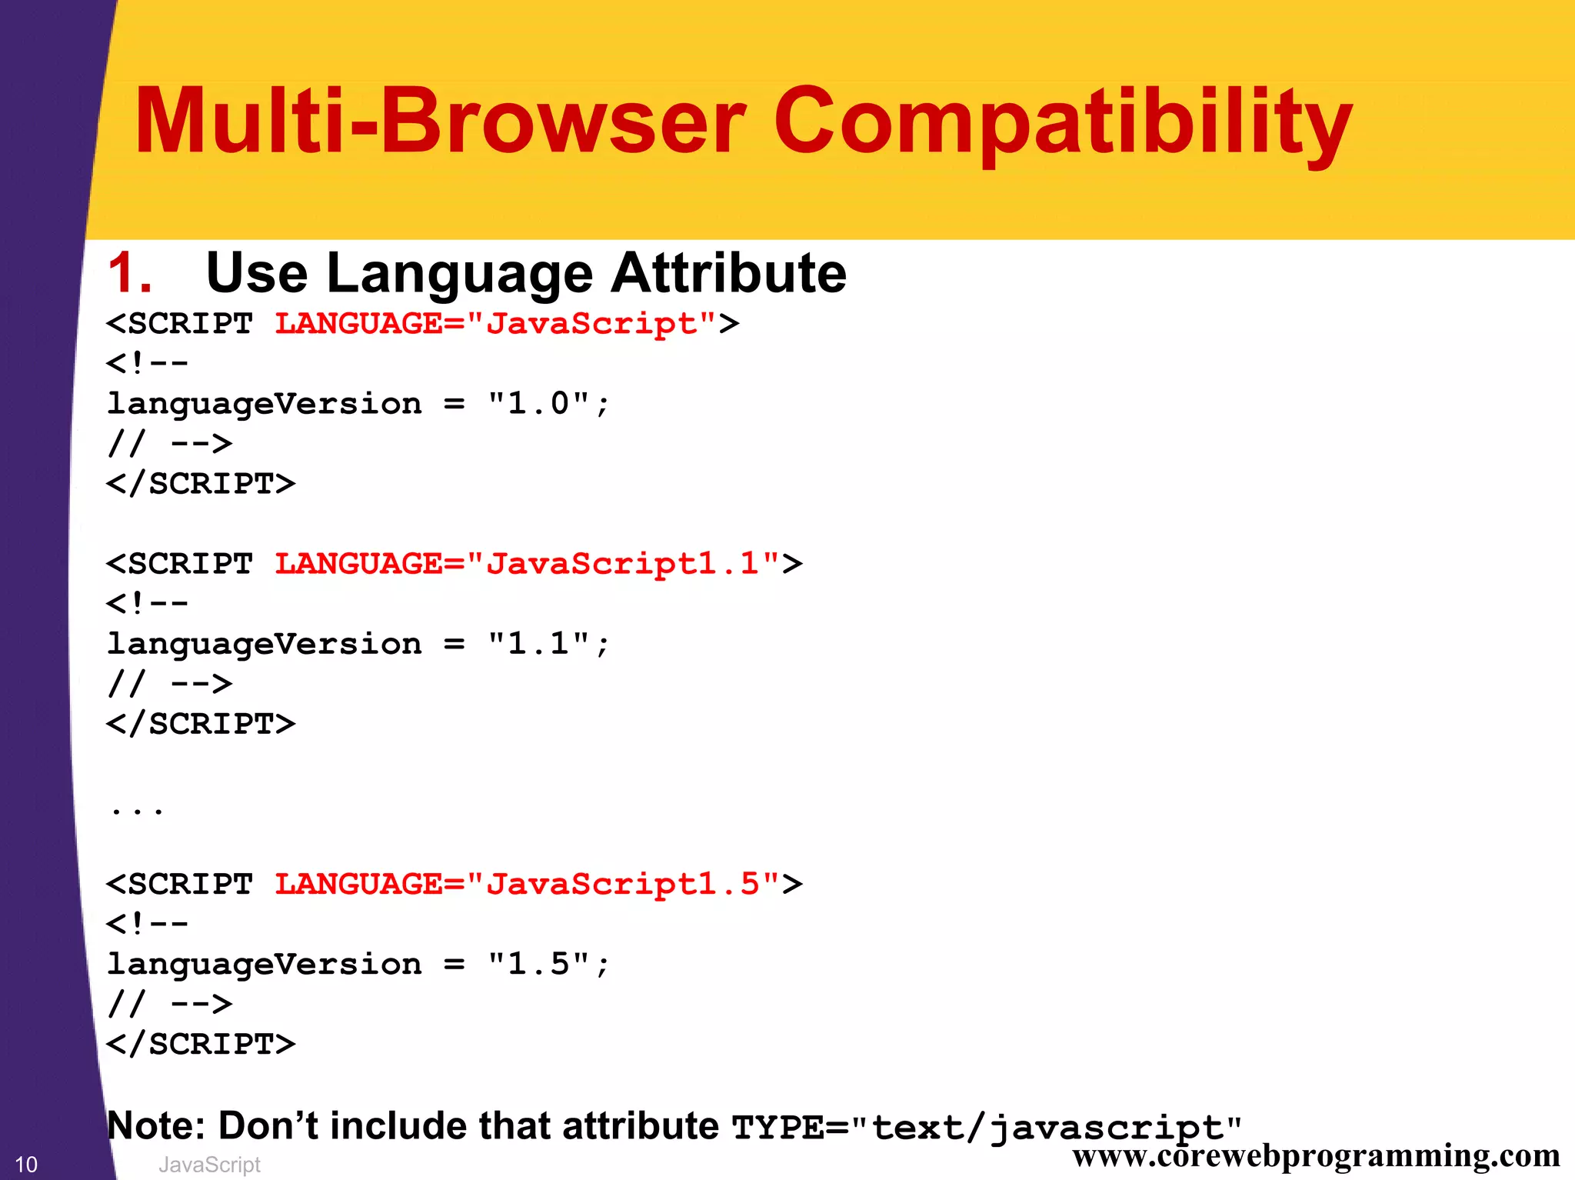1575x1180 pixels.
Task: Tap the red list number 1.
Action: pos(129,273)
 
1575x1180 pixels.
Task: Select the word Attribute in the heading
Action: pos(728,273)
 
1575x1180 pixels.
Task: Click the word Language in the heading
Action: pos(459,273)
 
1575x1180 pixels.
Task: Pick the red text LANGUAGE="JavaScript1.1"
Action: pos(528,564)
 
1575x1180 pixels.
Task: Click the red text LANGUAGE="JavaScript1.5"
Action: pos(528,884)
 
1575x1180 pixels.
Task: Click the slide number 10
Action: pos(26,1165)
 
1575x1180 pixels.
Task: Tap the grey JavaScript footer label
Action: pos(209,1165)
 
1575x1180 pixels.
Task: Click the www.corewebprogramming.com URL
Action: pos(1316,1155)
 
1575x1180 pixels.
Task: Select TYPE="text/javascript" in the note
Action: pos(987,1128)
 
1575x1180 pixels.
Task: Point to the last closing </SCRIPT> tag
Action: pos(201,1044)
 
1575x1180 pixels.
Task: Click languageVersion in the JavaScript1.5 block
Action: pos(265,965)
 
